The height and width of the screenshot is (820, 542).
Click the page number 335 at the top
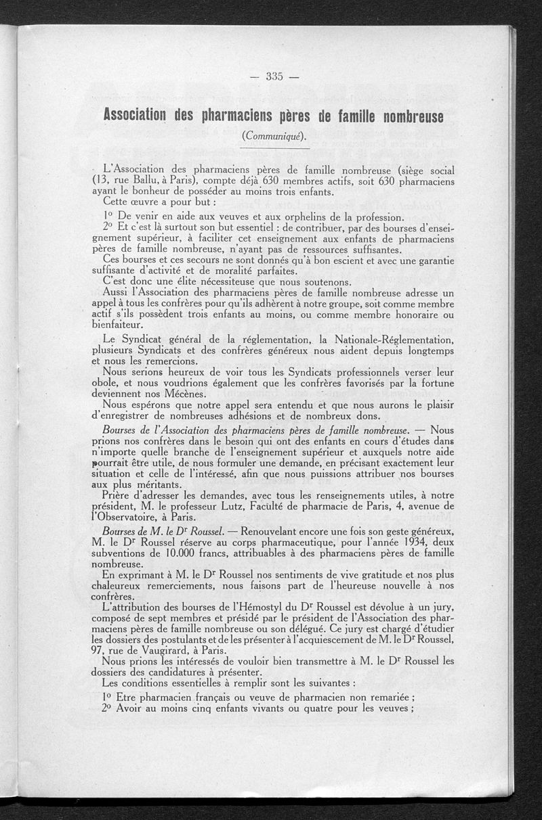tap(274, 76)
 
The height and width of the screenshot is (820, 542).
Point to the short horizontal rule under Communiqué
tap(274, 147)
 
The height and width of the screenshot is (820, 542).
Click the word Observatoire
tap(129, 518)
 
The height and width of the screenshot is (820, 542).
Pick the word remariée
tap(385, 697)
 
